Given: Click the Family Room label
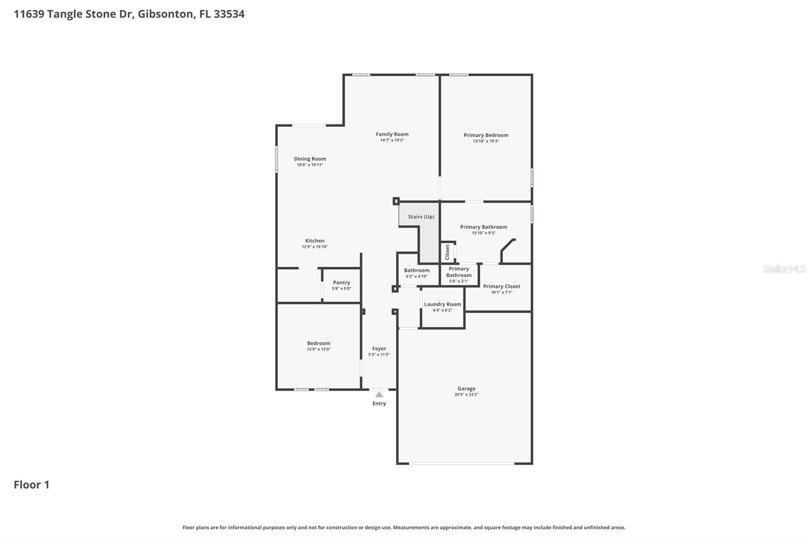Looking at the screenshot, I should (392, 134).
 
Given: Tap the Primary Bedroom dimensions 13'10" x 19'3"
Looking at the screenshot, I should (486, 141).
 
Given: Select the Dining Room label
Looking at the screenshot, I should (310, 159).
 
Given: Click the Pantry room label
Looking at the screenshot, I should (341, 283).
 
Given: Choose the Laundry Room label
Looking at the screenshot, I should (442, 304).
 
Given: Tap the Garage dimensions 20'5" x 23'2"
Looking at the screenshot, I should (466, 395).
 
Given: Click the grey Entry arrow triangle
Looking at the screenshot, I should (379, 394).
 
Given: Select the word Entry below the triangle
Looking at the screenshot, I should (379, 403).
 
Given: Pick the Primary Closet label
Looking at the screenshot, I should (501, 286).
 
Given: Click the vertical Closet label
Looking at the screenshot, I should (447, 252).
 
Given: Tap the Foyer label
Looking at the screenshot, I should (379, 349).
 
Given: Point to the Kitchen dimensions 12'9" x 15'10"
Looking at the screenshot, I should (315, 247).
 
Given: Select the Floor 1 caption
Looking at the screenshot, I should (31, 485).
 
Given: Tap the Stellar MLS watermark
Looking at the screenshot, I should (784, 269).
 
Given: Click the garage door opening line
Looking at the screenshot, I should (462, 463).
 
